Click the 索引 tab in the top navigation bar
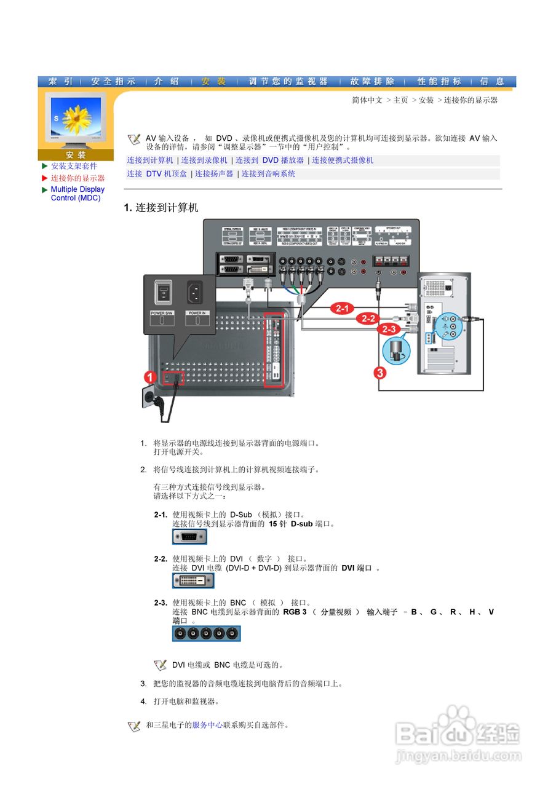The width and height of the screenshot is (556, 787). [61, 81]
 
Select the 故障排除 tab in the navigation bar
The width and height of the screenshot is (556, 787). [372, 81]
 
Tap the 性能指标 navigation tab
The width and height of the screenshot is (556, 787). [439, 81]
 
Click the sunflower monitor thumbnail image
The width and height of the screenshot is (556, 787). [76, 120]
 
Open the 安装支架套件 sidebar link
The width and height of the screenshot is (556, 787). [74, 166]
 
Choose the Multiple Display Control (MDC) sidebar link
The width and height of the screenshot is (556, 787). [77, 194]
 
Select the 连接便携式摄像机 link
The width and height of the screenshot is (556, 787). [343, 160]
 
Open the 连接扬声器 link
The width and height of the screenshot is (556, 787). [214, 174]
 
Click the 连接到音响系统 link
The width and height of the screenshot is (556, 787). [268, 174]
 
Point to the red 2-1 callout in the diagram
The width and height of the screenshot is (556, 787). [342, 308]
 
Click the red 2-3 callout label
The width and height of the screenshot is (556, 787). [389, 330]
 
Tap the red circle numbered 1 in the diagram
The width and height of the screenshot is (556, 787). [150, 376]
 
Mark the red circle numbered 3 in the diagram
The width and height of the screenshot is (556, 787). [381, 373]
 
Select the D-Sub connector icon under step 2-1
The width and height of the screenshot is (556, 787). [189, 537]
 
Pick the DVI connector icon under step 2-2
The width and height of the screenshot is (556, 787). [193, 580]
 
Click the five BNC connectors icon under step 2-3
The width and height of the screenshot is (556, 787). [206, 634]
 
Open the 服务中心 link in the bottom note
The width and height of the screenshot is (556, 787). [207, 726]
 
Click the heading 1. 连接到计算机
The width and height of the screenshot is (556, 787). [161, 208]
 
